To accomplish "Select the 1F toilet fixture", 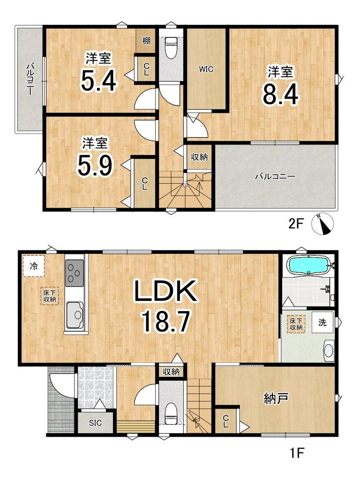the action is [x=171, y=413].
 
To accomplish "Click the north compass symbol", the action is [x=323, y=224].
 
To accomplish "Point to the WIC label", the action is [x=206, y=69].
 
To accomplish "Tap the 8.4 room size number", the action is [x=280, y=95].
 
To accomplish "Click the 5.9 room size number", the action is [x=95, y=165].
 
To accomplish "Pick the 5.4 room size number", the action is [x=98, y=81].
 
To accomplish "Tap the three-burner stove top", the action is [x=74, y=273].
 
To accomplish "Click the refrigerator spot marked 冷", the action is [x=34, y=266].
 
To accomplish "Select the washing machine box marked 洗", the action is [x=323, y=322].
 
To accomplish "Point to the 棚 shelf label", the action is [x=146, y=40].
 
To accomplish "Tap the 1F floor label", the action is [x=296, y=453].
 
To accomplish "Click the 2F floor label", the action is [x=296, y=224].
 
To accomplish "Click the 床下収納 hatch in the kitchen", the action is [x=49, y=296].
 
